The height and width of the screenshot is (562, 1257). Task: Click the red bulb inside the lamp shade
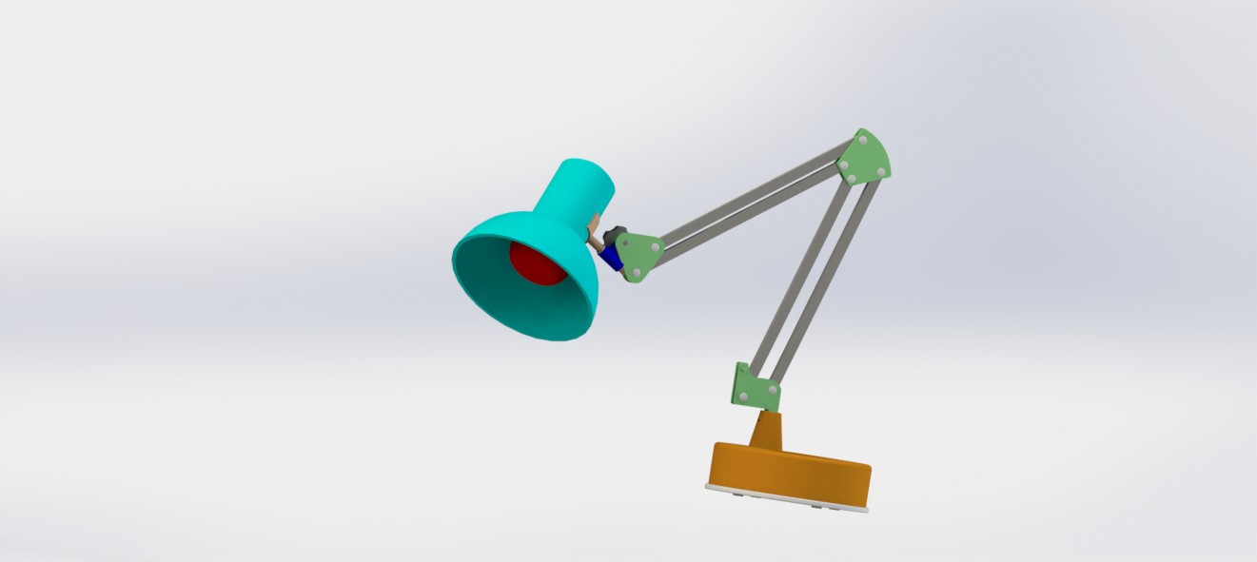pos(537,262)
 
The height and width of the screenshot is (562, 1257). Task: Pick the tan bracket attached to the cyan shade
pos(595,229)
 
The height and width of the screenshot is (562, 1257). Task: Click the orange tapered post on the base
pos(767,431)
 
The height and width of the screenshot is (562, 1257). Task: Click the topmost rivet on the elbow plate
pos(862,140)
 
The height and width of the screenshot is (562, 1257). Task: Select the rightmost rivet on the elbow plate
pos(881,171)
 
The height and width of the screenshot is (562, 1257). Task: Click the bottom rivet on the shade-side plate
pos(633,276)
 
